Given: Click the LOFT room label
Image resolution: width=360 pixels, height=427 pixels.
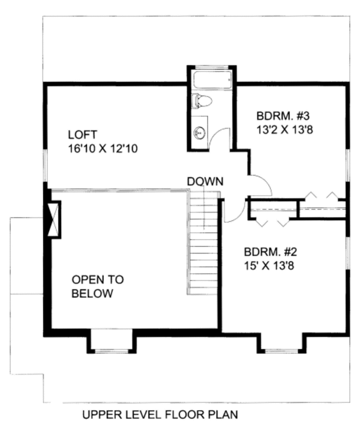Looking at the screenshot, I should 82,134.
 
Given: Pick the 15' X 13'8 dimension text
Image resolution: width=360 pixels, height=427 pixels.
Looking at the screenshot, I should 268,265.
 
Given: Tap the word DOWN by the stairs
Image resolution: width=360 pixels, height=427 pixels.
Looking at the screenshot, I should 205,181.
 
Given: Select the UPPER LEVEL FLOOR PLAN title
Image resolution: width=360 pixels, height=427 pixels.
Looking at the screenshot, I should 160,414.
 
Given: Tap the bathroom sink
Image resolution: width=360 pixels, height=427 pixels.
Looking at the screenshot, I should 200,133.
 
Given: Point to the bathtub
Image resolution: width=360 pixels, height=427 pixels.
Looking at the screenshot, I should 211,80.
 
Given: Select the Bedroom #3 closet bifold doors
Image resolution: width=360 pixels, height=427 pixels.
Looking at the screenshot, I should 322,196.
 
